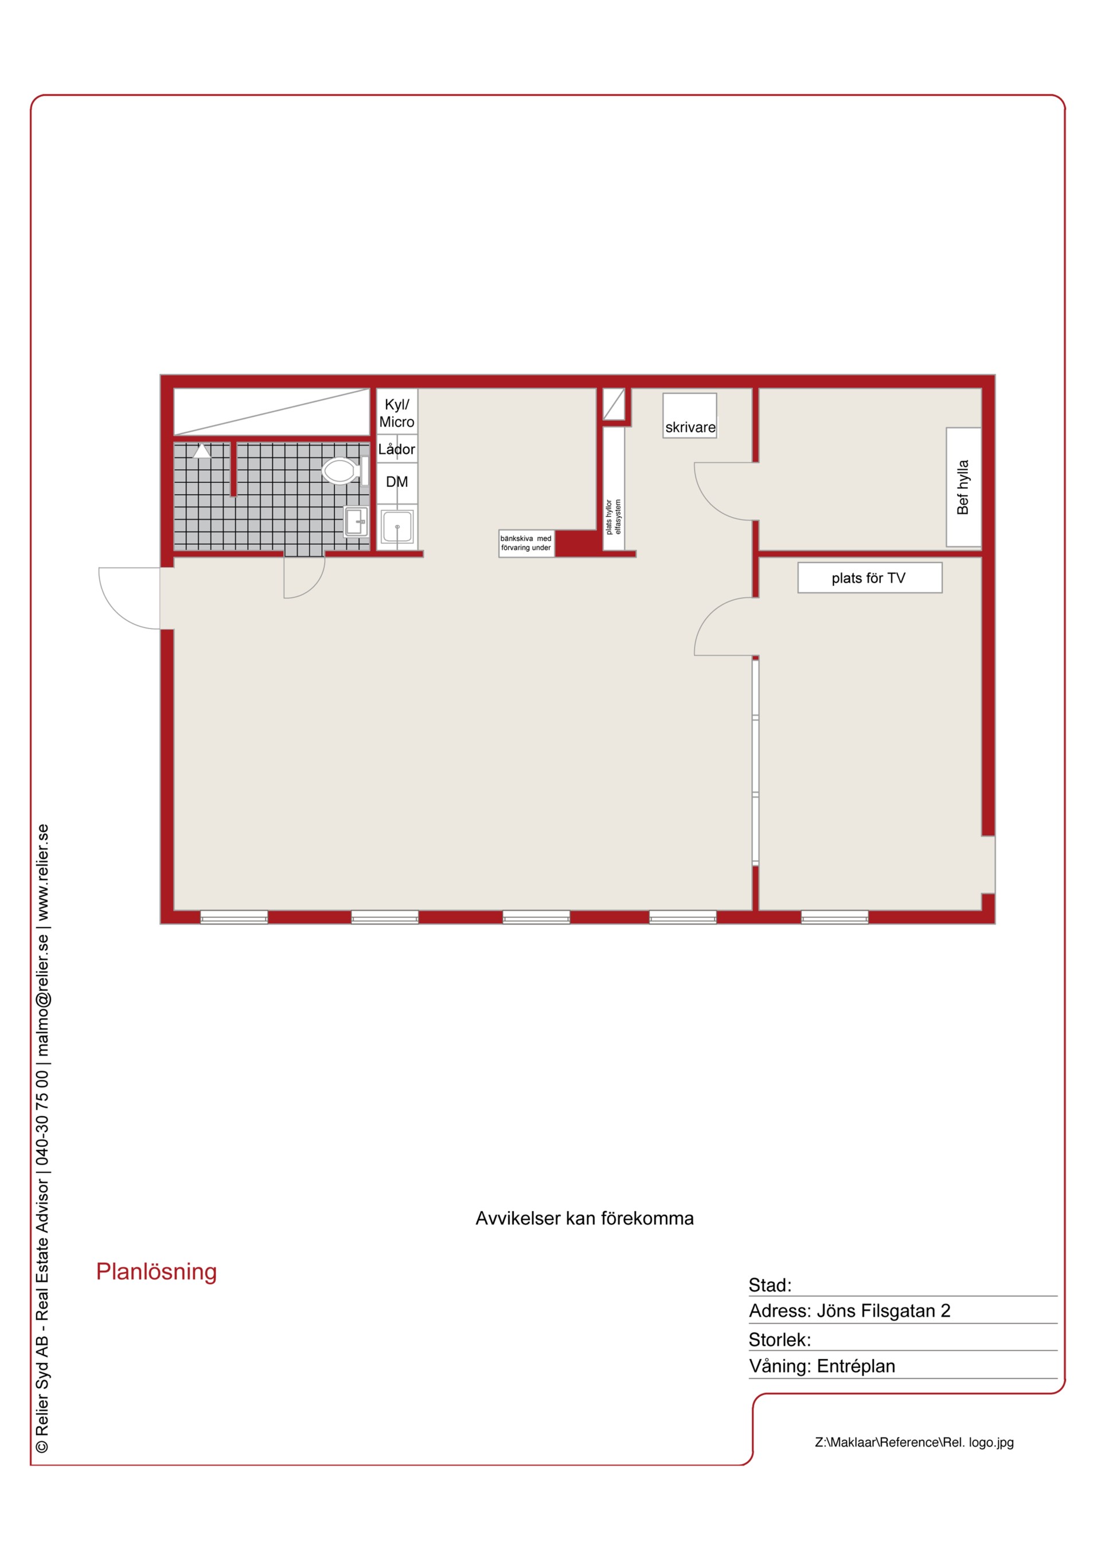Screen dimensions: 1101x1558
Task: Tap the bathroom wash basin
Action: [x=356, y=522]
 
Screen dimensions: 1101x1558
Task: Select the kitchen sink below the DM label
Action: [x=396, y=526]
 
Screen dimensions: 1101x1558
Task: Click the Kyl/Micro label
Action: [x=396, y=413]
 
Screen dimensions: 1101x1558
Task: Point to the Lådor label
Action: [x=396, y=448]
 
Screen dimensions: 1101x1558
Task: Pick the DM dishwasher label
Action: [x=397, y=482]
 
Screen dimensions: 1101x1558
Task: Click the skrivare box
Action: [x=690, y=415]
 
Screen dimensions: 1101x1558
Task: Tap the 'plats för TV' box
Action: [x=869, y=577]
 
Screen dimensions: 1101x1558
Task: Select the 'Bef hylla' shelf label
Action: [x=963, y=487]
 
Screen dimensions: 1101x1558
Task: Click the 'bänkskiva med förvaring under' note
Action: [x=526, y=543]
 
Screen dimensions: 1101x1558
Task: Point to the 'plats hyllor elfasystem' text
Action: [x=613, y=517]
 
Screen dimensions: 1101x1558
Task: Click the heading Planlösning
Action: [x=156, y=1272]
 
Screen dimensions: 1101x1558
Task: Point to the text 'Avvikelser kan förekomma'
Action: [x=584, y=1218]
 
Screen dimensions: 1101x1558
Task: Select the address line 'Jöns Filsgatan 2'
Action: [x=883, y=1310]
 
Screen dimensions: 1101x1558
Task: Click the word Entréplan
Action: [x=856, y=1366]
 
